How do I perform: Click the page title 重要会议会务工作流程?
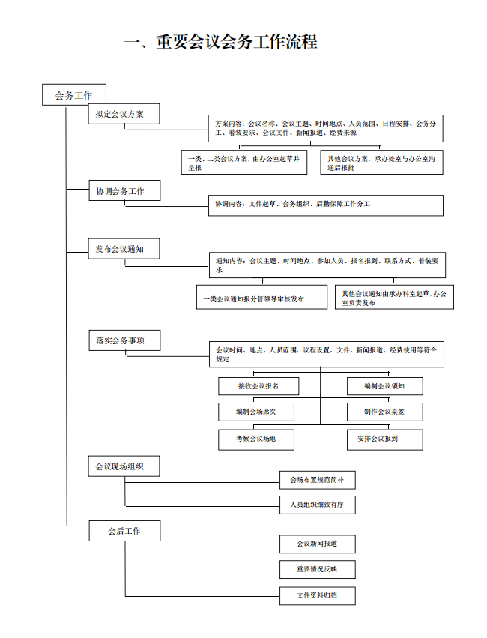pos(220,42)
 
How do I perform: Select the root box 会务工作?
pos(74,94)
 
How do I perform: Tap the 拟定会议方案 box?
pos(124,114)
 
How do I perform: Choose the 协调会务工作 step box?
pos(124,190)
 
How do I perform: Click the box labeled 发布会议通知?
pos(124,249)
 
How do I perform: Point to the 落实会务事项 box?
pos(124,340)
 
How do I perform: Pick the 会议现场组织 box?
pos(124,466)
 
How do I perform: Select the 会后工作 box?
pos(124,531)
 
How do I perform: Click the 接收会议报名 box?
pos(258,386)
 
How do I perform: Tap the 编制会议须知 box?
pos(384,386)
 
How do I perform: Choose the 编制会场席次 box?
pos(256,412)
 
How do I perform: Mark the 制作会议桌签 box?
pos(384,412)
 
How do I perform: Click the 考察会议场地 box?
pos(256,439)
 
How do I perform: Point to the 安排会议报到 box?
pos(384,439)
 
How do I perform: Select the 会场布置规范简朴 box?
pos(318,480)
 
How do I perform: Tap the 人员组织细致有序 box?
pos(318,505)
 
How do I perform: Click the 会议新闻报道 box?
pos(318,544)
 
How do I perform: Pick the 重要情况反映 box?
pos(318,569)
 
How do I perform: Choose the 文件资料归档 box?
pos(318,596)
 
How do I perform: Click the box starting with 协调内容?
pos(326,205)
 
